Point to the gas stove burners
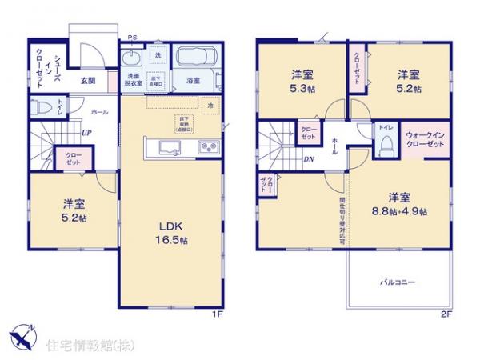coord(208,147)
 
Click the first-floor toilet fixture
coord(42,106)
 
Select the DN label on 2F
coord(309,158)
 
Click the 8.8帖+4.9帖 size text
coord(400,211)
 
